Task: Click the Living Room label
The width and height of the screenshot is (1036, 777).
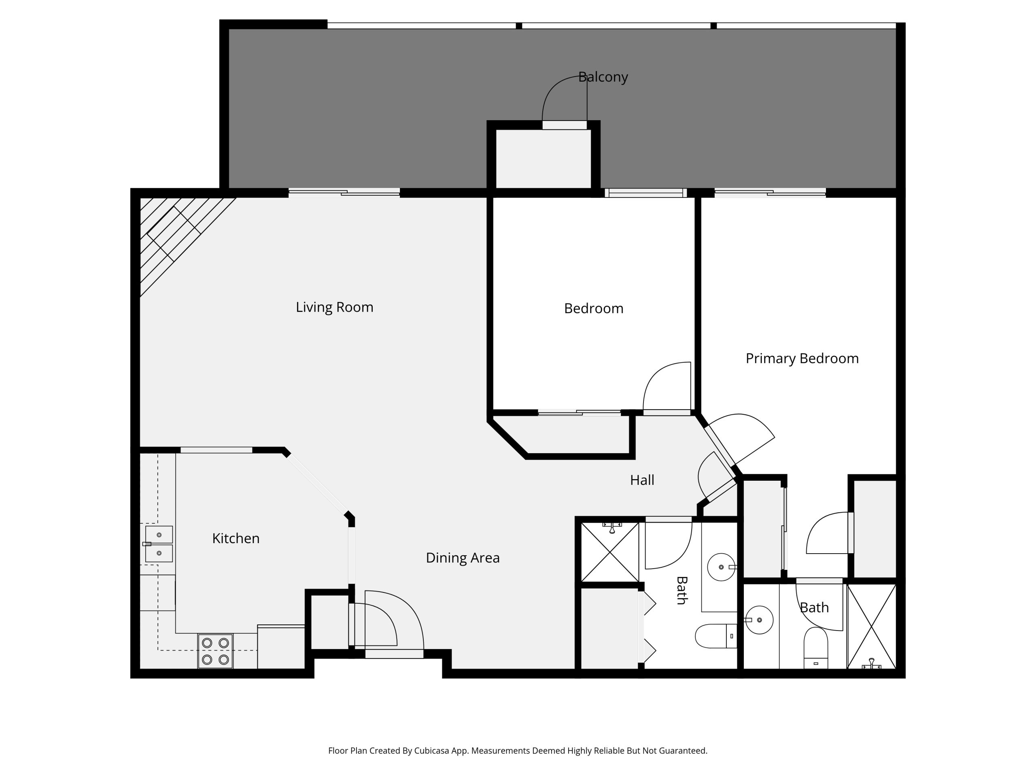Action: [334, 307]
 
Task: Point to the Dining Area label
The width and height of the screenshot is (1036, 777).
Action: [463, 558]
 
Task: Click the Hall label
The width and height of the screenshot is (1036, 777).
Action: [642, 480]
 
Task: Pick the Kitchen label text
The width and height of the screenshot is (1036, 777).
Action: [236, 539]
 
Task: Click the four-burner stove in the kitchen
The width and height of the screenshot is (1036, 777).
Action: [215, 651]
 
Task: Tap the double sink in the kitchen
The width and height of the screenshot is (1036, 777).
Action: [158, 544]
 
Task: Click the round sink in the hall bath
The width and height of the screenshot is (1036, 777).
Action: [721, 567]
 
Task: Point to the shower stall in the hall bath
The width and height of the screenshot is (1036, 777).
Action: [610, 552]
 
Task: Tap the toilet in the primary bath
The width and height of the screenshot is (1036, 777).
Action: [816, 648]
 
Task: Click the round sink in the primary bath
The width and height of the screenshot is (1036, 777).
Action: [759, 620]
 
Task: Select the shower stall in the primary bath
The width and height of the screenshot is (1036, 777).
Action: [872, 626]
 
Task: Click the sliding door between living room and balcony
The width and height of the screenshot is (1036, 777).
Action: [344, 193]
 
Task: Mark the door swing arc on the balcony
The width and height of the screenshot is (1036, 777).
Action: [557, 89]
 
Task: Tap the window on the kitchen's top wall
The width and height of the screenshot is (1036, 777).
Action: [217, 450]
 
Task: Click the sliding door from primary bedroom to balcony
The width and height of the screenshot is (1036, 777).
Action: [770, 193]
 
